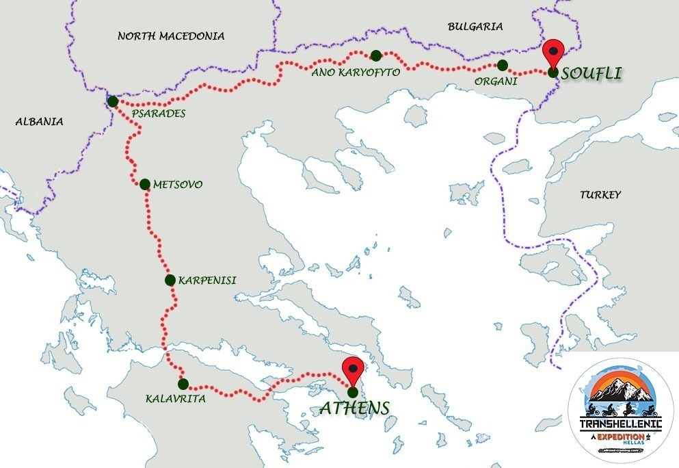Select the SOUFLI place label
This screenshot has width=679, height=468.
click(592, 73)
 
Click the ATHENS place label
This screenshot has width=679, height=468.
click(354, 408)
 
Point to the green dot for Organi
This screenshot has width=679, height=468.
click(503, 65)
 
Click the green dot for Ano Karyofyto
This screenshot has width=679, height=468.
click(375, 55)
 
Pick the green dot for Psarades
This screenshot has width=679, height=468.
click(113, 101)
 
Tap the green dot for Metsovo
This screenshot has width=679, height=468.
click(144, 184)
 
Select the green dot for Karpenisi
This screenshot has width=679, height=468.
click(170, 279)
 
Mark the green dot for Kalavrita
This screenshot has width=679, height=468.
click(183, 384)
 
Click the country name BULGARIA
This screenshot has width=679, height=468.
click(475, 27)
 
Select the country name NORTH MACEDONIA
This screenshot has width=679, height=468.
click(171, 36)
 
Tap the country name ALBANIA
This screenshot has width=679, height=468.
click(39, 122)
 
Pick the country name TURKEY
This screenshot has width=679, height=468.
click(600, 195)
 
